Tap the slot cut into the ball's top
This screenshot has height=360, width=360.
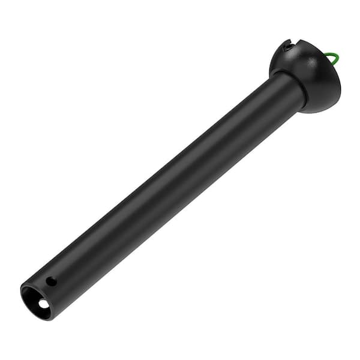click(x=289, y=46)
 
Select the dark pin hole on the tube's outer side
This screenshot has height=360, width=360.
click(x=52, y=281)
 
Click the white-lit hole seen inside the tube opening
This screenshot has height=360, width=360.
click(x=43, y=304)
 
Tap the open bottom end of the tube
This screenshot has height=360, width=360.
click(x=36, y=302)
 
